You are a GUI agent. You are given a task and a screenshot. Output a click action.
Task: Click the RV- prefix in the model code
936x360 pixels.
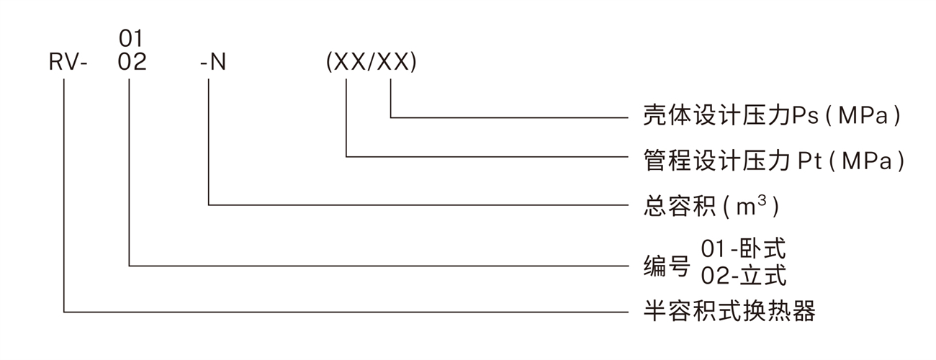coord(68,63)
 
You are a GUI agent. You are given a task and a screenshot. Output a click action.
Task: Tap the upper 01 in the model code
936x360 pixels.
coord(132,37)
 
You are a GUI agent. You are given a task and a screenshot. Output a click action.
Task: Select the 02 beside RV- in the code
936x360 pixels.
coord(132,63)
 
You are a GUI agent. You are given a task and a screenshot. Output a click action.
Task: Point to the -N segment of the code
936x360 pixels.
coord(212,63)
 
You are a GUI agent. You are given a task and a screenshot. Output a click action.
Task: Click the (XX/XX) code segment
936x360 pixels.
coord(371,63)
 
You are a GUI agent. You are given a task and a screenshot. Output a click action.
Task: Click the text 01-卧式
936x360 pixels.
coord(744,249)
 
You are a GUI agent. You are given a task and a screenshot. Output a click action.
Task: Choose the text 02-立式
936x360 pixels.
coord(744,276)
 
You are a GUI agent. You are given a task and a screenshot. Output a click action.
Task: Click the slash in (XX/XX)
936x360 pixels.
coord(372,63)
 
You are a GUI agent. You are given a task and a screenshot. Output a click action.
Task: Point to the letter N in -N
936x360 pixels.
coord(217,63)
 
